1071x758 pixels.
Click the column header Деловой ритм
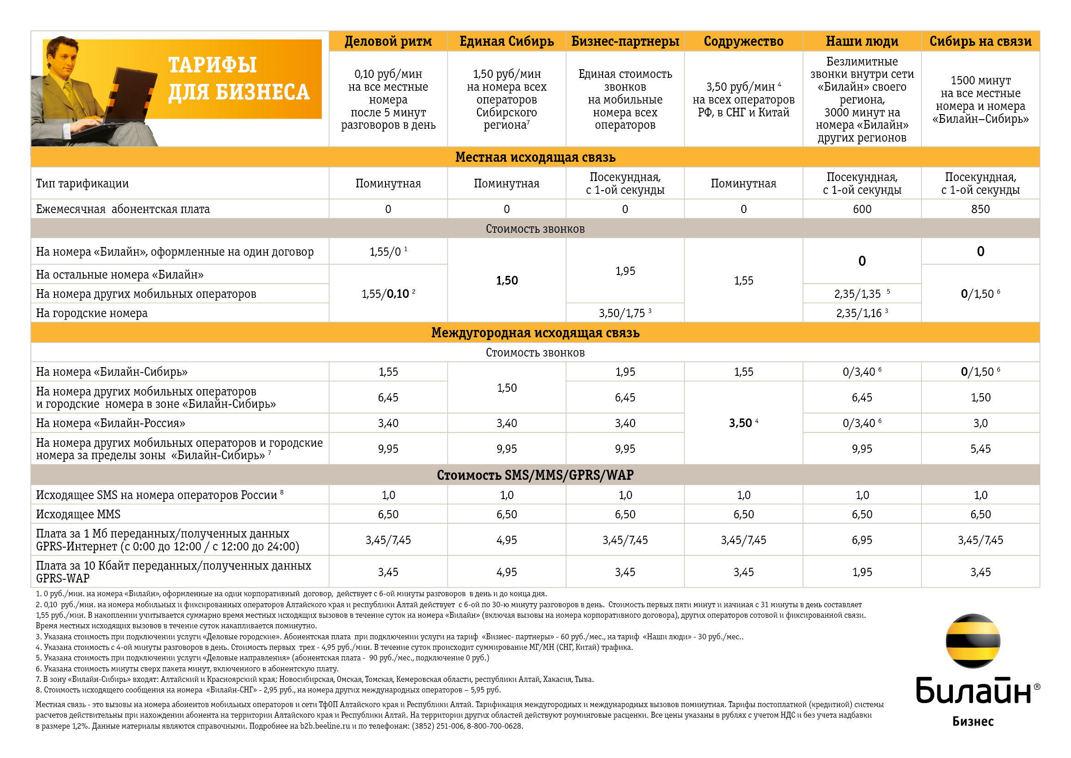(388, 42)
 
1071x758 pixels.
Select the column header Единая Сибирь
(506, 42)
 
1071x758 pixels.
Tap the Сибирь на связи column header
(980, 42)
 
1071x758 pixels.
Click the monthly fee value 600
(862, 209)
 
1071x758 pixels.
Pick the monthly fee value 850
(980, 209)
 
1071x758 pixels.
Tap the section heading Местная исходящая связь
(535, 157)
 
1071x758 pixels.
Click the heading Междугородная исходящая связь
(535, 333)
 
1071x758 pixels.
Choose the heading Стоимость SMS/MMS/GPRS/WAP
(535, 475)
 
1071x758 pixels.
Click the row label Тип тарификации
(82, 183)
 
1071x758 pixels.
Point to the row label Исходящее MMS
(78, 514)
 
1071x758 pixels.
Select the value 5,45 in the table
(980, 449)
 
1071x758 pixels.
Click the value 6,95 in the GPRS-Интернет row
(862, 540)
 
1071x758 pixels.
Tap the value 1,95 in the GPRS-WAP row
(862, 572)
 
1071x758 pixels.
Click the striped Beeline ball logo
(973, 641)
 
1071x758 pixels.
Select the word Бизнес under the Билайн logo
(973, 722)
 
